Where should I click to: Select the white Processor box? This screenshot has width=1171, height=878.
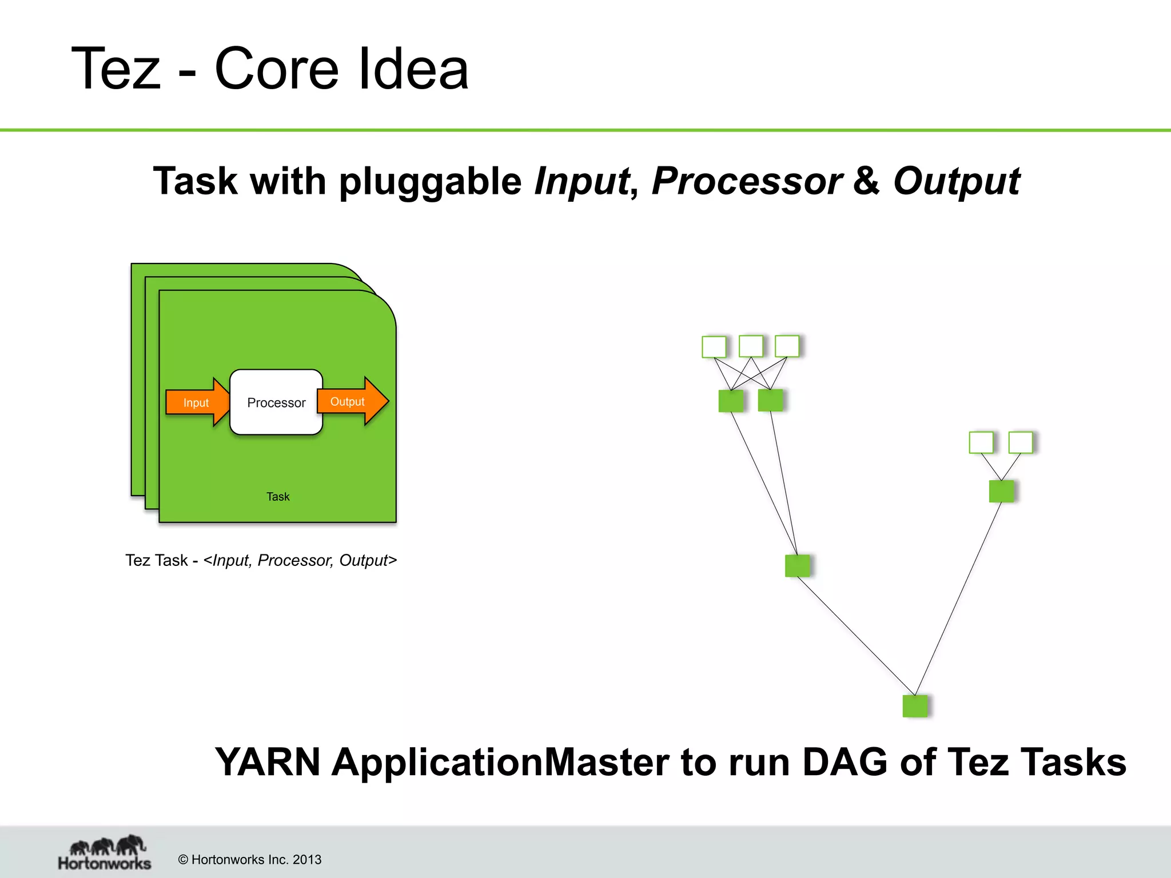click(x=276, y=402)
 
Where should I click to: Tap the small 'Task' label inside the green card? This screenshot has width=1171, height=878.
click(x=278, y=497)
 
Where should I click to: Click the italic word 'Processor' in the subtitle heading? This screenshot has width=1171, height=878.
click(x=746, y=181)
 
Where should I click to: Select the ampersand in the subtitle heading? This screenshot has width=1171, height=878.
click(x=866, y=181)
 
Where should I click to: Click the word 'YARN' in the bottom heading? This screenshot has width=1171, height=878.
click(x=267, y=762)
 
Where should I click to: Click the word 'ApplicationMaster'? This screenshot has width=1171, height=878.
click(x=500, y=762)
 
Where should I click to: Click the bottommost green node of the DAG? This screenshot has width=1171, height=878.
click(x=915, y=706)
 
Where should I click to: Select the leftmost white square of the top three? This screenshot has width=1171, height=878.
click(x=714, y=347)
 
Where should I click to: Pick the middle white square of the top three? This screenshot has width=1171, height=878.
click(x=751, y=346)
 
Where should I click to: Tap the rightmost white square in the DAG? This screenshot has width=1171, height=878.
click(x=1021, y=442)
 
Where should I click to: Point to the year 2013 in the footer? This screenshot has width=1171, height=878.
click(x=307, y=860)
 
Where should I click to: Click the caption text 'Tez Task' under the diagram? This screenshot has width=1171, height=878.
click(x=157, y=560)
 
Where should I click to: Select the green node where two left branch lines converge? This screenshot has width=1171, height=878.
click(x=797, y=566)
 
